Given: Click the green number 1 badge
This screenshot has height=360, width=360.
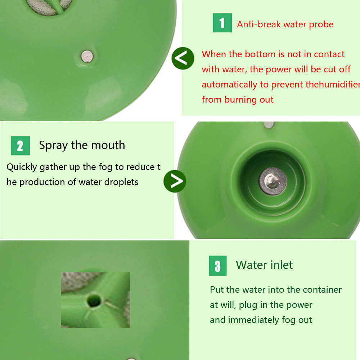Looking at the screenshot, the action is tap(222, 23).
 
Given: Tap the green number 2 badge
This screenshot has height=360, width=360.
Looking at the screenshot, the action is tap(20, 145).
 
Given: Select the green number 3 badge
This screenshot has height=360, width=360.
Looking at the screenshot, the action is tap(218, 266).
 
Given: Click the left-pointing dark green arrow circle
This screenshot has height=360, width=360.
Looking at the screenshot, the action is tap(183, 58).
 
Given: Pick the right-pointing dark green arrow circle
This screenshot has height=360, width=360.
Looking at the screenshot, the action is tap(175, 181).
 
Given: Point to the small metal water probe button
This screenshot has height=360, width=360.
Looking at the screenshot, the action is tap(87, 56).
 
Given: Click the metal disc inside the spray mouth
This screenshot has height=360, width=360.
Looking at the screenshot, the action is tap(273, 181).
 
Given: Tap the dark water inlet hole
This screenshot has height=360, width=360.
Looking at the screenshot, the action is tap(94, 300).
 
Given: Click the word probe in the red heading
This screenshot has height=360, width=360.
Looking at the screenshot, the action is tap(321, 24).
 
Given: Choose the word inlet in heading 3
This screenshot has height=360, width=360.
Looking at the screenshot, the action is tap(282, 265).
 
